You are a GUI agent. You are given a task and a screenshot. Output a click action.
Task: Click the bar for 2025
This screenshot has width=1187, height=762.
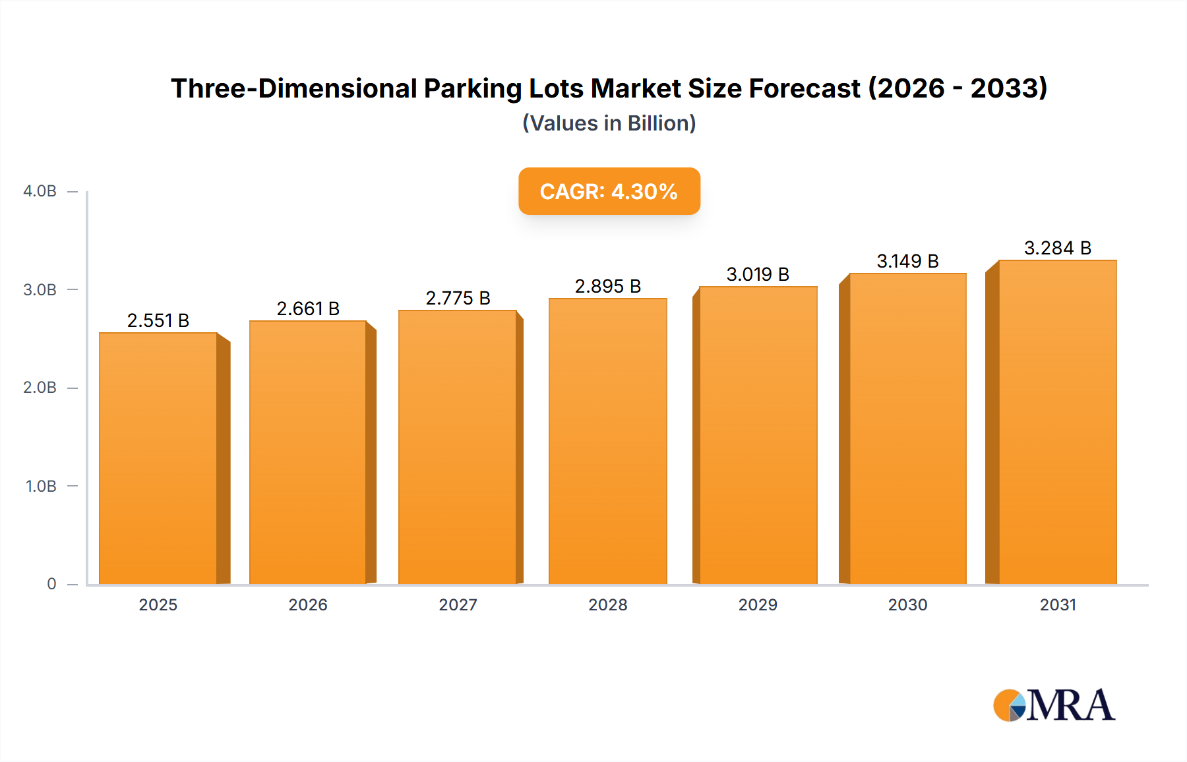[158, 458]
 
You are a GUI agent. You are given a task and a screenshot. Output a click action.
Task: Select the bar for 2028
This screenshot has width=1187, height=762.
[607, 441]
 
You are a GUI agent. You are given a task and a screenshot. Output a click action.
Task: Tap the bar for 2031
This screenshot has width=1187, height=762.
[1057, 422]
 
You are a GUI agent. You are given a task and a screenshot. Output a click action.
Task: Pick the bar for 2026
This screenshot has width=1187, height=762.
[307, 452]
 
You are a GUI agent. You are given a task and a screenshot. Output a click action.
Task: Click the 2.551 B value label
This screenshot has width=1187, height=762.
[158, 320]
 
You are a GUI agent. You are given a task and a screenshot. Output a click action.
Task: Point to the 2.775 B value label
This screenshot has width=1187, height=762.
[458, 298]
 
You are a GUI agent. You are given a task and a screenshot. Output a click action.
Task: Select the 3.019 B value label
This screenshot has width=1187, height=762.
[758, 274]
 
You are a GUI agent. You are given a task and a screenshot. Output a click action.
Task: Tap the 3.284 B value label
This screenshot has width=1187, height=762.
[1057, 248]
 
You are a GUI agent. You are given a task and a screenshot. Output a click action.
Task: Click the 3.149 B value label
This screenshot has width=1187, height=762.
[907, 261]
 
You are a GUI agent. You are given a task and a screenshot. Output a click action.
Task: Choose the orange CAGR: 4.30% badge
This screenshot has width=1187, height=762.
[609, 191]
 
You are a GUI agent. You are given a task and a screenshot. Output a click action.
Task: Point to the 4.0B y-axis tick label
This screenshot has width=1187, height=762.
[40, 191]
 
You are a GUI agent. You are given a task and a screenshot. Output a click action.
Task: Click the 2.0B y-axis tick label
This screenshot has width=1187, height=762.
[40, 388]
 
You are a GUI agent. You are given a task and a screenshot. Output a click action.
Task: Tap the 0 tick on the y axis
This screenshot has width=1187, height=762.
[51, 584]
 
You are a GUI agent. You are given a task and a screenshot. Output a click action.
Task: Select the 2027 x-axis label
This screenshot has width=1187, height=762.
[458, 604]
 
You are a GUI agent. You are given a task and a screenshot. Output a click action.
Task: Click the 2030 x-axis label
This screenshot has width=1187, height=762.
[907, 604]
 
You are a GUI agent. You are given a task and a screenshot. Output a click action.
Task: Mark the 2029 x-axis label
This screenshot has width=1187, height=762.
[758, 604]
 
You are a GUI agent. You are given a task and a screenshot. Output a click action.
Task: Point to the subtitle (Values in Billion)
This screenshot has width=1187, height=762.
[609, 123]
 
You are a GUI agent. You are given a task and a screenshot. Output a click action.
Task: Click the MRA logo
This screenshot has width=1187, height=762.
[1054, 705]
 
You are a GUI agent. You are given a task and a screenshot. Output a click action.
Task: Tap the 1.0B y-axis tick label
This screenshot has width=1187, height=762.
[41, 486]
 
